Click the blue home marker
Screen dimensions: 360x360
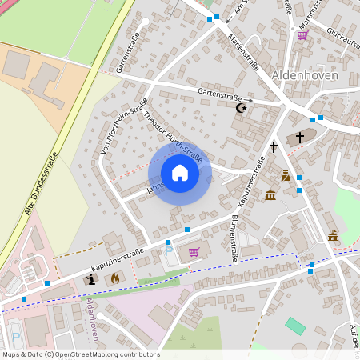pos(180,173)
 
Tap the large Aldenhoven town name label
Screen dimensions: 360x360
pos(305,75)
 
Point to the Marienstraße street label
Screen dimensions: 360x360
pos(243,50)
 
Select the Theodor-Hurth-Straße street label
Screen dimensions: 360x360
pos(172,139)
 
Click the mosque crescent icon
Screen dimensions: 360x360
pos(240,107)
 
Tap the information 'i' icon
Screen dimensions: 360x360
pos(91,278)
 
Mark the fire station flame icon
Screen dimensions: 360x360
pos(114,278)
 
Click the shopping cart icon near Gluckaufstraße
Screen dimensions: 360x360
pos(302,35)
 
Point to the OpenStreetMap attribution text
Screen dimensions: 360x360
pos(81,354)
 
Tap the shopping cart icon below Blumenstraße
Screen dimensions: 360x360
pos(194,252)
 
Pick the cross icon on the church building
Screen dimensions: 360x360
pos(300,137)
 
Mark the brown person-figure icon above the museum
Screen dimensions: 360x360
pos(285,175)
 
